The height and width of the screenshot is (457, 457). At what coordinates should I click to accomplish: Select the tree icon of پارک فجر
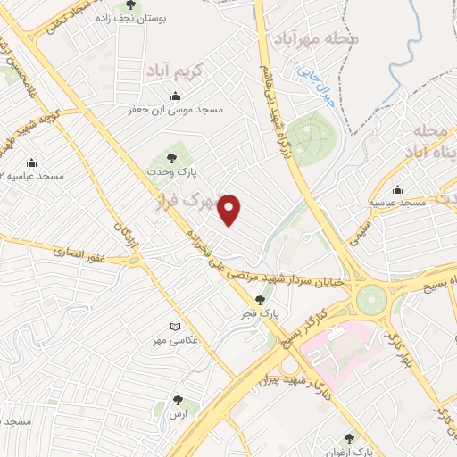click(260, 301)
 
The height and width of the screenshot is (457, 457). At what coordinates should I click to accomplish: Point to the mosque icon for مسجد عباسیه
click(397, 189)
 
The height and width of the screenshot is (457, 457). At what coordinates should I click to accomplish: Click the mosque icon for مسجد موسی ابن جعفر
click(174, 96)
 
